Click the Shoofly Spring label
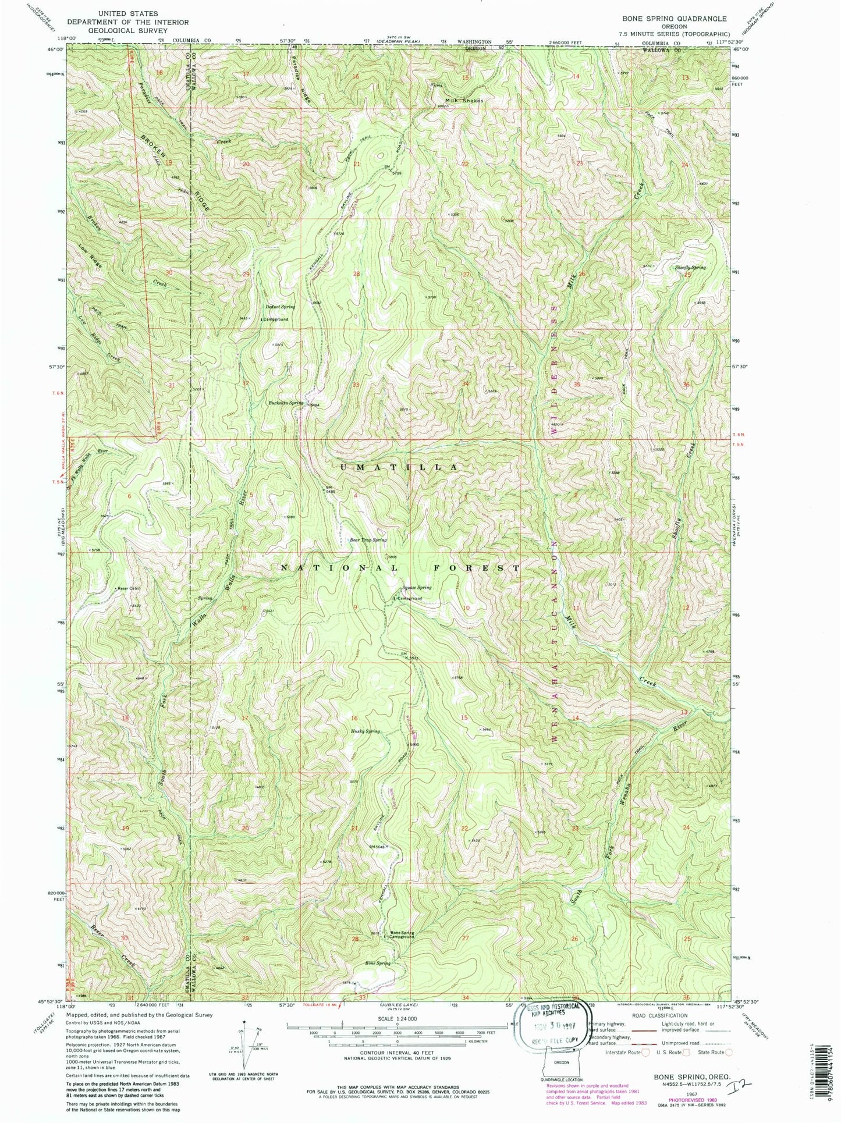click(x=690, y=267)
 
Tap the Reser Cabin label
click(x=129, y=588)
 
